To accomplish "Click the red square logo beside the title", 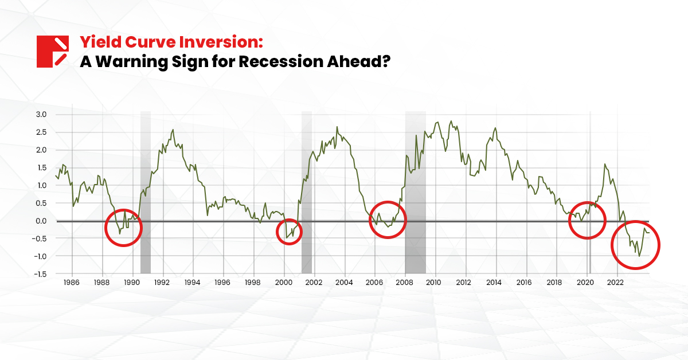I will click(53, 52).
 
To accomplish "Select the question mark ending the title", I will click(385, 61).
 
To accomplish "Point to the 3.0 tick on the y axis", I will click(41, 115).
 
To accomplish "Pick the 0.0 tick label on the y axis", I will click(41, 221).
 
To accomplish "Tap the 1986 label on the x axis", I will click(71, 283).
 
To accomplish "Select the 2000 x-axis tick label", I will click(283, 283).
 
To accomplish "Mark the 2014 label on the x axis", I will click(494, 283).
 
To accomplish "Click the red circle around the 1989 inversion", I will click(123, 228).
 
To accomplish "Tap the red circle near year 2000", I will click(288, 231).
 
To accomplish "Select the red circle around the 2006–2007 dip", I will click(387, 220).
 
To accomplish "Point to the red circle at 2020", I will click(587, 220).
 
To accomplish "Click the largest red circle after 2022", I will click(635, 245).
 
